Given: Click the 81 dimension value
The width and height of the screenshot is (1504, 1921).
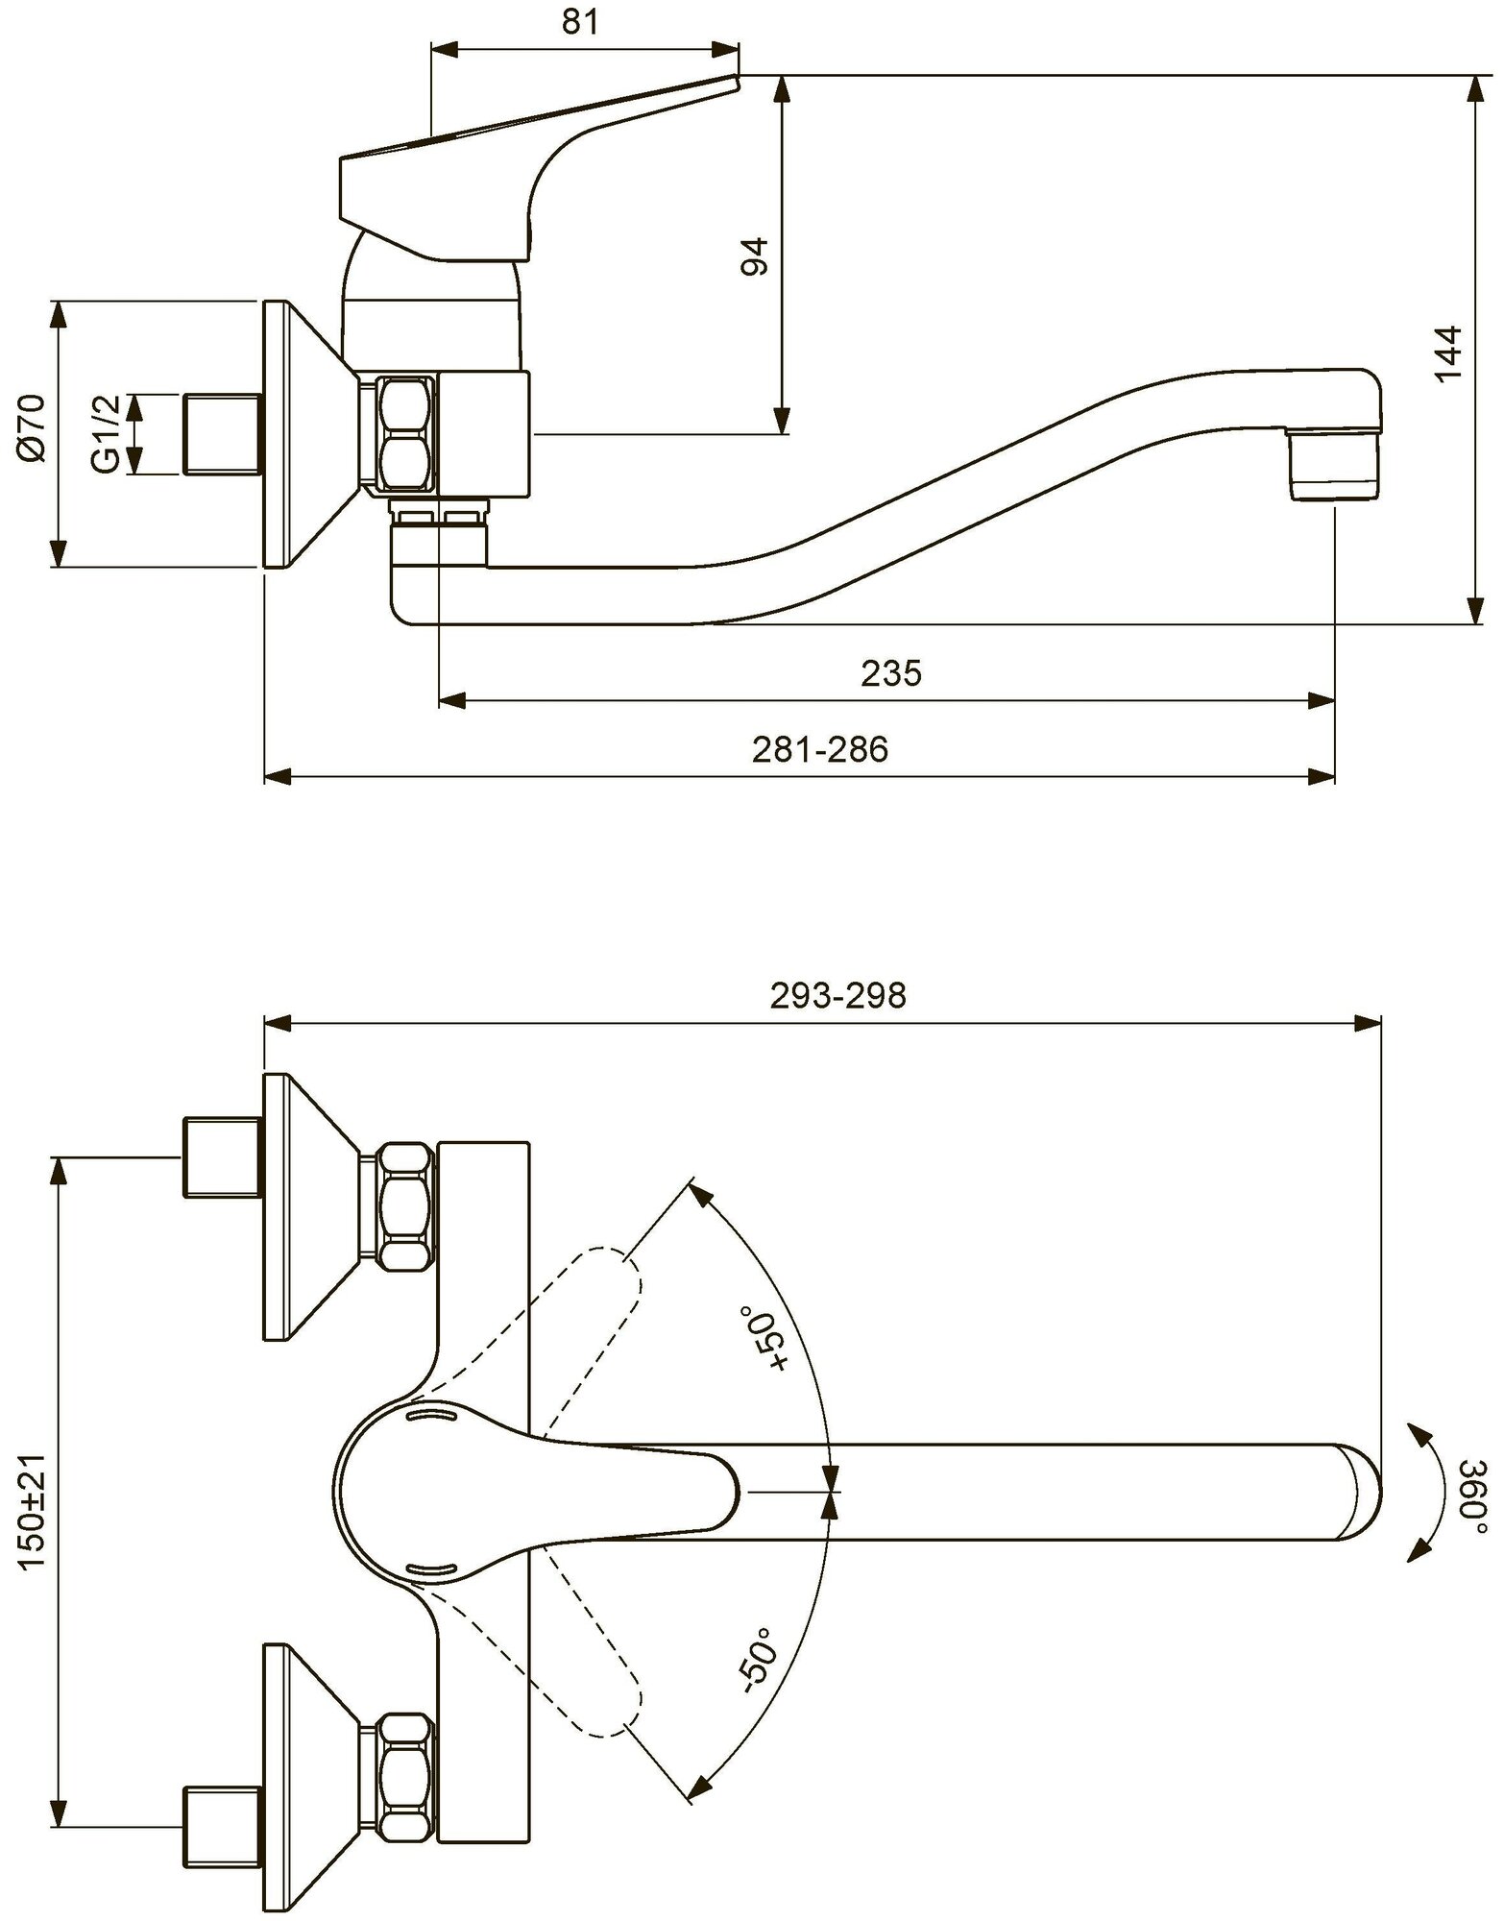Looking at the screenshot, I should coord(579,23).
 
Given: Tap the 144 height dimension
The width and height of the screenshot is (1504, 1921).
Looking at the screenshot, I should coord(1447,353).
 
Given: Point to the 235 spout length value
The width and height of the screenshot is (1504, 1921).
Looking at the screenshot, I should coord(890,673).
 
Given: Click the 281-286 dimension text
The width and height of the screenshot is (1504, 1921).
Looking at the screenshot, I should coord(819,749).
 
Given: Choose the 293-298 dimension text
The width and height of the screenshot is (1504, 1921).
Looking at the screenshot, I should coord(837,996).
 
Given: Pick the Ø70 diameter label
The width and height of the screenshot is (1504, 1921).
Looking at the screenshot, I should coord(31,428).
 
